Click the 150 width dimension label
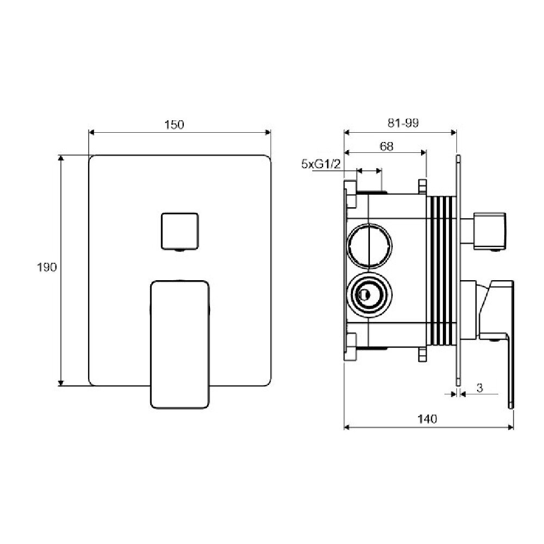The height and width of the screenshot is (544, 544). click(174, 125)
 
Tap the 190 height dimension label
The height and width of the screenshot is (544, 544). click(46, 267)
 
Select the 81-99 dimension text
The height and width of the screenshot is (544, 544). click(403, 123)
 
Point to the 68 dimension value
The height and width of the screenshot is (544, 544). click(386, 146)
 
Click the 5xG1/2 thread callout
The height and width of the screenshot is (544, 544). click(320, 164)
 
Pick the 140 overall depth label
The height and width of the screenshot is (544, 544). click(427, 419)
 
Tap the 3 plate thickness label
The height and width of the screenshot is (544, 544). click(479, 388)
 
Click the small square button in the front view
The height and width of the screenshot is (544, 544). click(180, 231)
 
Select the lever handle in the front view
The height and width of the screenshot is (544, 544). click(180, 344)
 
